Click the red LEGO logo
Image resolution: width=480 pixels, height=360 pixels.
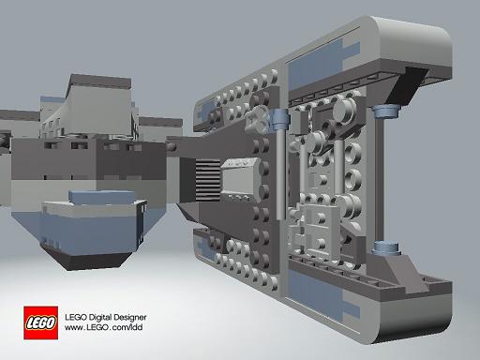(x=40, y=322)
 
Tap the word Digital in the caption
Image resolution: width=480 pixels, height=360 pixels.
(x=100, y=318)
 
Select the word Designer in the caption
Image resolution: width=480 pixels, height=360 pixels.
(x=129, y=318)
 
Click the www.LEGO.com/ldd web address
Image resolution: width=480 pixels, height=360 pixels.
(x=104, y=327)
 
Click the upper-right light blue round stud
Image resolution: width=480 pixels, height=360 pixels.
(x=386, y=111)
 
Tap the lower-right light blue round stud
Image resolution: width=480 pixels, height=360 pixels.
(x=386, y=247)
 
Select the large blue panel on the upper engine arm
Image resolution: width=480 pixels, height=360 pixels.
(x=316, y=67)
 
